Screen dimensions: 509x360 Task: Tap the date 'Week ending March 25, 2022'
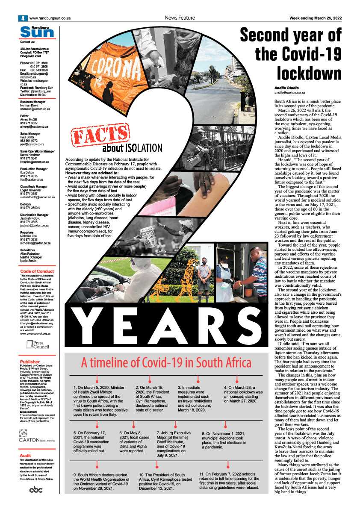click(315, 18)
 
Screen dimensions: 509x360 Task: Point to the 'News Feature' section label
click(180, 18)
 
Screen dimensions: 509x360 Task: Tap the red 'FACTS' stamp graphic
click(100, 136)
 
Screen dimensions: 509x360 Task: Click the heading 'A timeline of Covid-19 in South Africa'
click(166, 363)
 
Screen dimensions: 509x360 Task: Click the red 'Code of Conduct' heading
click(37, 271)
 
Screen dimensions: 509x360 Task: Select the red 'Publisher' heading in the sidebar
click(30, 362)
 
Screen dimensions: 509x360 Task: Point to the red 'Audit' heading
click(26, 456)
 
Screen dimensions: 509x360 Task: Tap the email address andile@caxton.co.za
click(289, 93)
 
